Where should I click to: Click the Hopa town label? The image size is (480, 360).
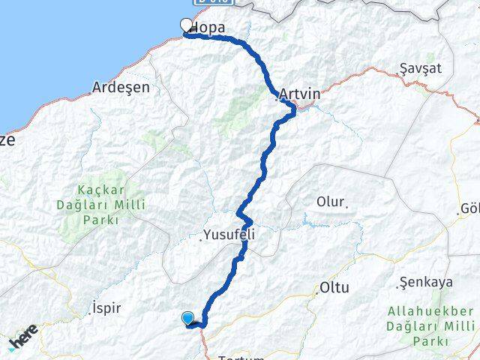click(209, 28)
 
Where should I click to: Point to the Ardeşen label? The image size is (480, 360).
click(120, 87)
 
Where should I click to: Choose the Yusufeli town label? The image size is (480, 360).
click(232, 235)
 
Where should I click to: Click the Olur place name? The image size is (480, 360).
click(330, 202)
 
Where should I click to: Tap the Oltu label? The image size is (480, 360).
click(334, 287)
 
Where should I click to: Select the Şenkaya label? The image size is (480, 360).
click(427, 282)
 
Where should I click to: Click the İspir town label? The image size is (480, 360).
click(105, 307)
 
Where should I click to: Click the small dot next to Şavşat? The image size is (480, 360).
click(397, 73)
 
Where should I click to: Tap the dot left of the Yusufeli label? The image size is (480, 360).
click(202, 240)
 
